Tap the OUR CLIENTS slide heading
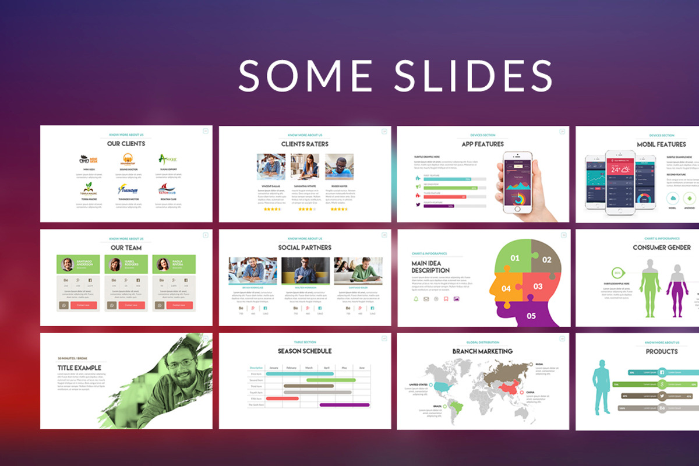[x=126, y=143]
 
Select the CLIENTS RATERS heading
[x=305, y=143]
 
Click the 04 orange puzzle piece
[x=504, y=288]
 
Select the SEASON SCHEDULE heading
[x=305, y=351]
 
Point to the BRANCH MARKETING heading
[x=482, y=351]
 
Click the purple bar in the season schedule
[x=344, y=404]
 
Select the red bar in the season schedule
[x=283, y=398]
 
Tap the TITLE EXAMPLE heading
[x=79, y=368]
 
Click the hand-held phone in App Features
[x=518, y=181]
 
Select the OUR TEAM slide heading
[x=126, y=248]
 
